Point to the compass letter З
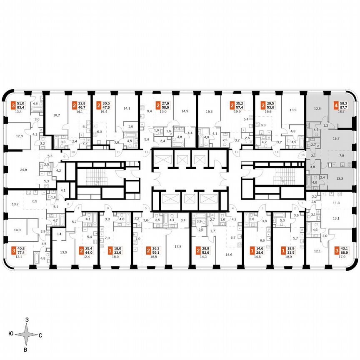pos(27,320)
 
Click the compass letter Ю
pos(10,334)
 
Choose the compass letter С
pos(40,335)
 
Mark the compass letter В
pos(25,349)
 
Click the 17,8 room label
pos(178,246)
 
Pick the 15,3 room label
pos(210,111)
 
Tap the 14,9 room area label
pos(185,111)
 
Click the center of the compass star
pos(26,334)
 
